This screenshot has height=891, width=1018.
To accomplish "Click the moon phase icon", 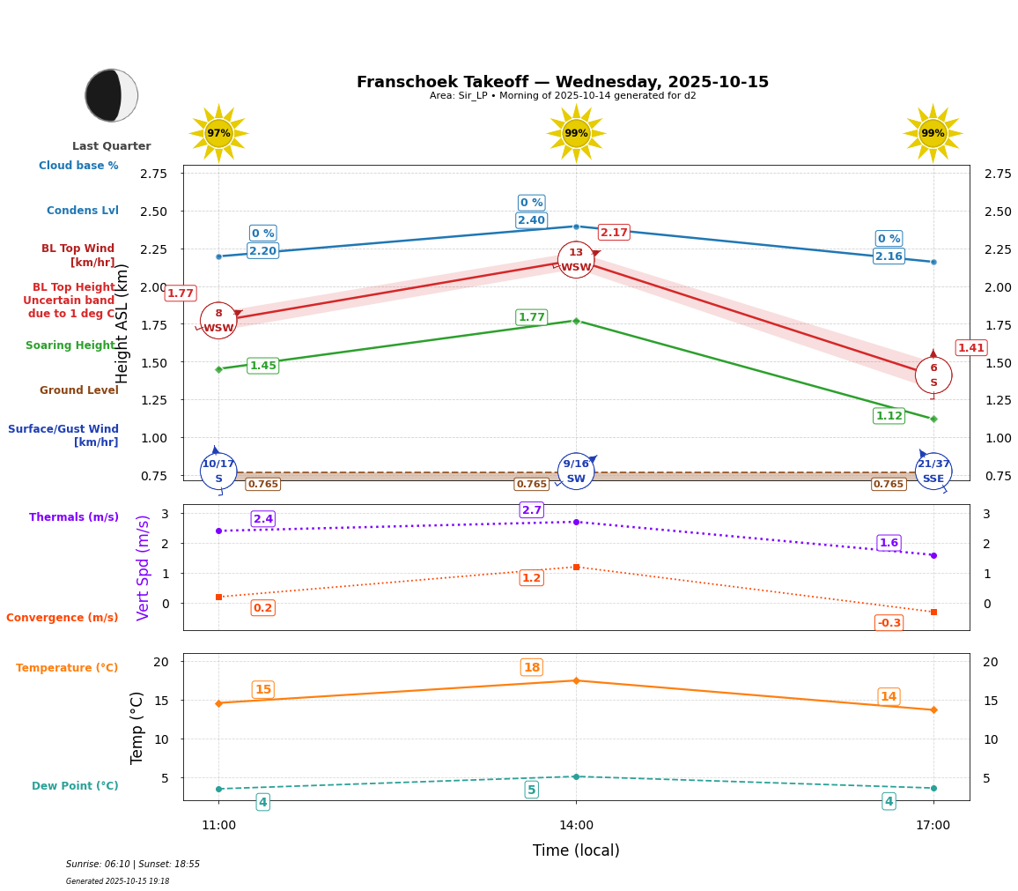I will (111, 95).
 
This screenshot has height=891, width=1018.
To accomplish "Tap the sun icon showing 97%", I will (218, 133).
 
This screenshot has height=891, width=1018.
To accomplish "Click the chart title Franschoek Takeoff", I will (562, 82).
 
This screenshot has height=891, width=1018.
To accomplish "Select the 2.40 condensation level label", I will (531, 220).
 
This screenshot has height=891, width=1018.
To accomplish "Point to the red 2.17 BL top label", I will (614, 233).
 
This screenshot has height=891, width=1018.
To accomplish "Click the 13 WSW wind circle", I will (576, 260).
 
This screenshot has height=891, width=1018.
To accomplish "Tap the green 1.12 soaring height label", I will (889, 416).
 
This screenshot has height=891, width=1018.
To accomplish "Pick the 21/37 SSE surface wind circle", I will (933, 471).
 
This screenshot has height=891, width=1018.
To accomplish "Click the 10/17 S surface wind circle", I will (218, 471).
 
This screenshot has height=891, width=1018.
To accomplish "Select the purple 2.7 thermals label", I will (532, 510).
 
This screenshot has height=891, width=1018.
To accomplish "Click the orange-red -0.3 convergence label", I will (889, 623).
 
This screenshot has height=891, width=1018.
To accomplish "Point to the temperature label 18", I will (532, 667).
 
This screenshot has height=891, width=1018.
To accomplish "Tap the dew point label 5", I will (531, 790).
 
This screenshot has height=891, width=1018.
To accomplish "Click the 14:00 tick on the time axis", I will (576, 826).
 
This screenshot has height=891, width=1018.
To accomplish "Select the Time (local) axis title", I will (576, 850).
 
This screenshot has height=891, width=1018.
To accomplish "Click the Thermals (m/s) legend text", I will (74, 517).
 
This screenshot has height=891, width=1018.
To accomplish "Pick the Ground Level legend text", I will (79, 390).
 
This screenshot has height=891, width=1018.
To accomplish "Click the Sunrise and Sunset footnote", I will (133, 865).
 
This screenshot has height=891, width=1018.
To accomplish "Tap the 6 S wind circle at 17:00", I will (933, 375).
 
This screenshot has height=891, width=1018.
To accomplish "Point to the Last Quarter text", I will (111, 146).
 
